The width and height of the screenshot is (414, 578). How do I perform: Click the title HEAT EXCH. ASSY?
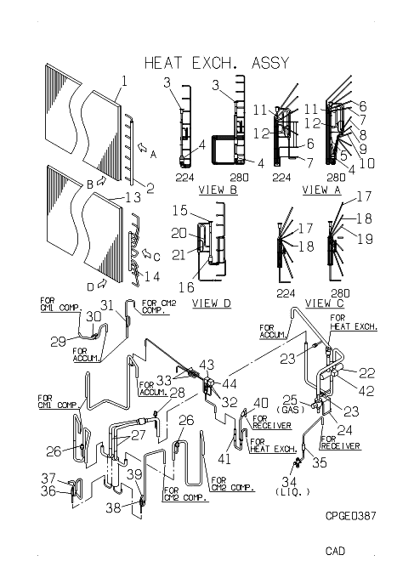point(217,63)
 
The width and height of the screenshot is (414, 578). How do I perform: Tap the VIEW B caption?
point(218,190)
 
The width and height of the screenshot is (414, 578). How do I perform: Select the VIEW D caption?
point(212,303)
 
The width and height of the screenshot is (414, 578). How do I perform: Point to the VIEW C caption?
point(325,303)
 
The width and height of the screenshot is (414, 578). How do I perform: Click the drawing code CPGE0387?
point(351,515)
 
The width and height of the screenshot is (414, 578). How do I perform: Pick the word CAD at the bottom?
point(336,551)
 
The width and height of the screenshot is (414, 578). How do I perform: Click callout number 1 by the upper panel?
point(124,81)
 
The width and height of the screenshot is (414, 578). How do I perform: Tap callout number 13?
point(133,197)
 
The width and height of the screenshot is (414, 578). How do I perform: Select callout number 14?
point(152,276)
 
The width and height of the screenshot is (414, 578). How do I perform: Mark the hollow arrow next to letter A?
point(142,148)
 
